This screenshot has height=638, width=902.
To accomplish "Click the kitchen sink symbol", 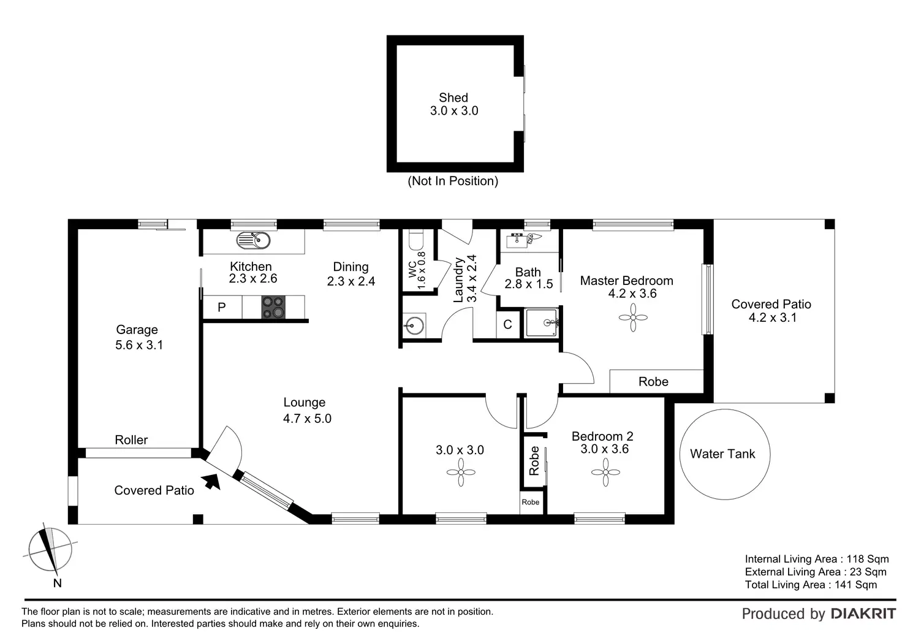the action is [x=253, y=240].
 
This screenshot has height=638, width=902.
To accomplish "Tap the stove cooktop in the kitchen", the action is [x=273, y=307].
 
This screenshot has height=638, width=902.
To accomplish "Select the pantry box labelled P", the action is [x=222, y=307].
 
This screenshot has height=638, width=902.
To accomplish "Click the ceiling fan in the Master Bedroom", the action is [x=633, y=317].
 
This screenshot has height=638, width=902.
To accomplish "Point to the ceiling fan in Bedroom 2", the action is [x=605, y=472].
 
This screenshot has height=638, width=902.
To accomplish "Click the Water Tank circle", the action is [x=724, y=454].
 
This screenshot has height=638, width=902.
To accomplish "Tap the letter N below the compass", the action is [x=57, y=583].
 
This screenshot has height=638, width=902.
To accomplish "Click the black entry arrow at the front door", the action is [x=212, y=481].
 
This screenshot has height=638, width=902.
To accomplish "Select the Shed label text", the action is [x=453, y=97].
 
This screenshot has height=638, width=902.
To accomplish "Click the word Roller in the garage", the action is [x=131, y=439].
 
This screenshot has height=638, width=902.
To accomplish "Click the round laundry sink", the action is [x=414, y=325].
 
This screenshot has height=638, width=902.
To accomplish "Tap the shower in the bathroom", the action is [x=542, y=322].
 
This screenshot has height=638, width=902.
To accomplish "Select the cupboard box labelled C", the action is [x=508, y=324].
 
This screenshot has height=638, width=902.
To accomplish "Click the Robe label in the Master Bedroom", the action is [x=653, y=381].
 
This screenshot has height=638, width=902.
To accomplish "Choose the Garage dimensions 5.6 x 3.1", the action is [x=139, y=345].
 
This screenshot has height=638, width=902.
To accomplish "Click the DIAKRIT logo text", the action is [x=863, y=613].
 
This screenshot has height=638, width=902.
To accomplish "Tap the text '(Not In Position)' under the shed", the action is [x=453, y=181].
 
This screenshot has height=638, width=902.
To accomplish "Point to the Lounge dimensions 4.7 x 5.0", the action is [x=307, y=419].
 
